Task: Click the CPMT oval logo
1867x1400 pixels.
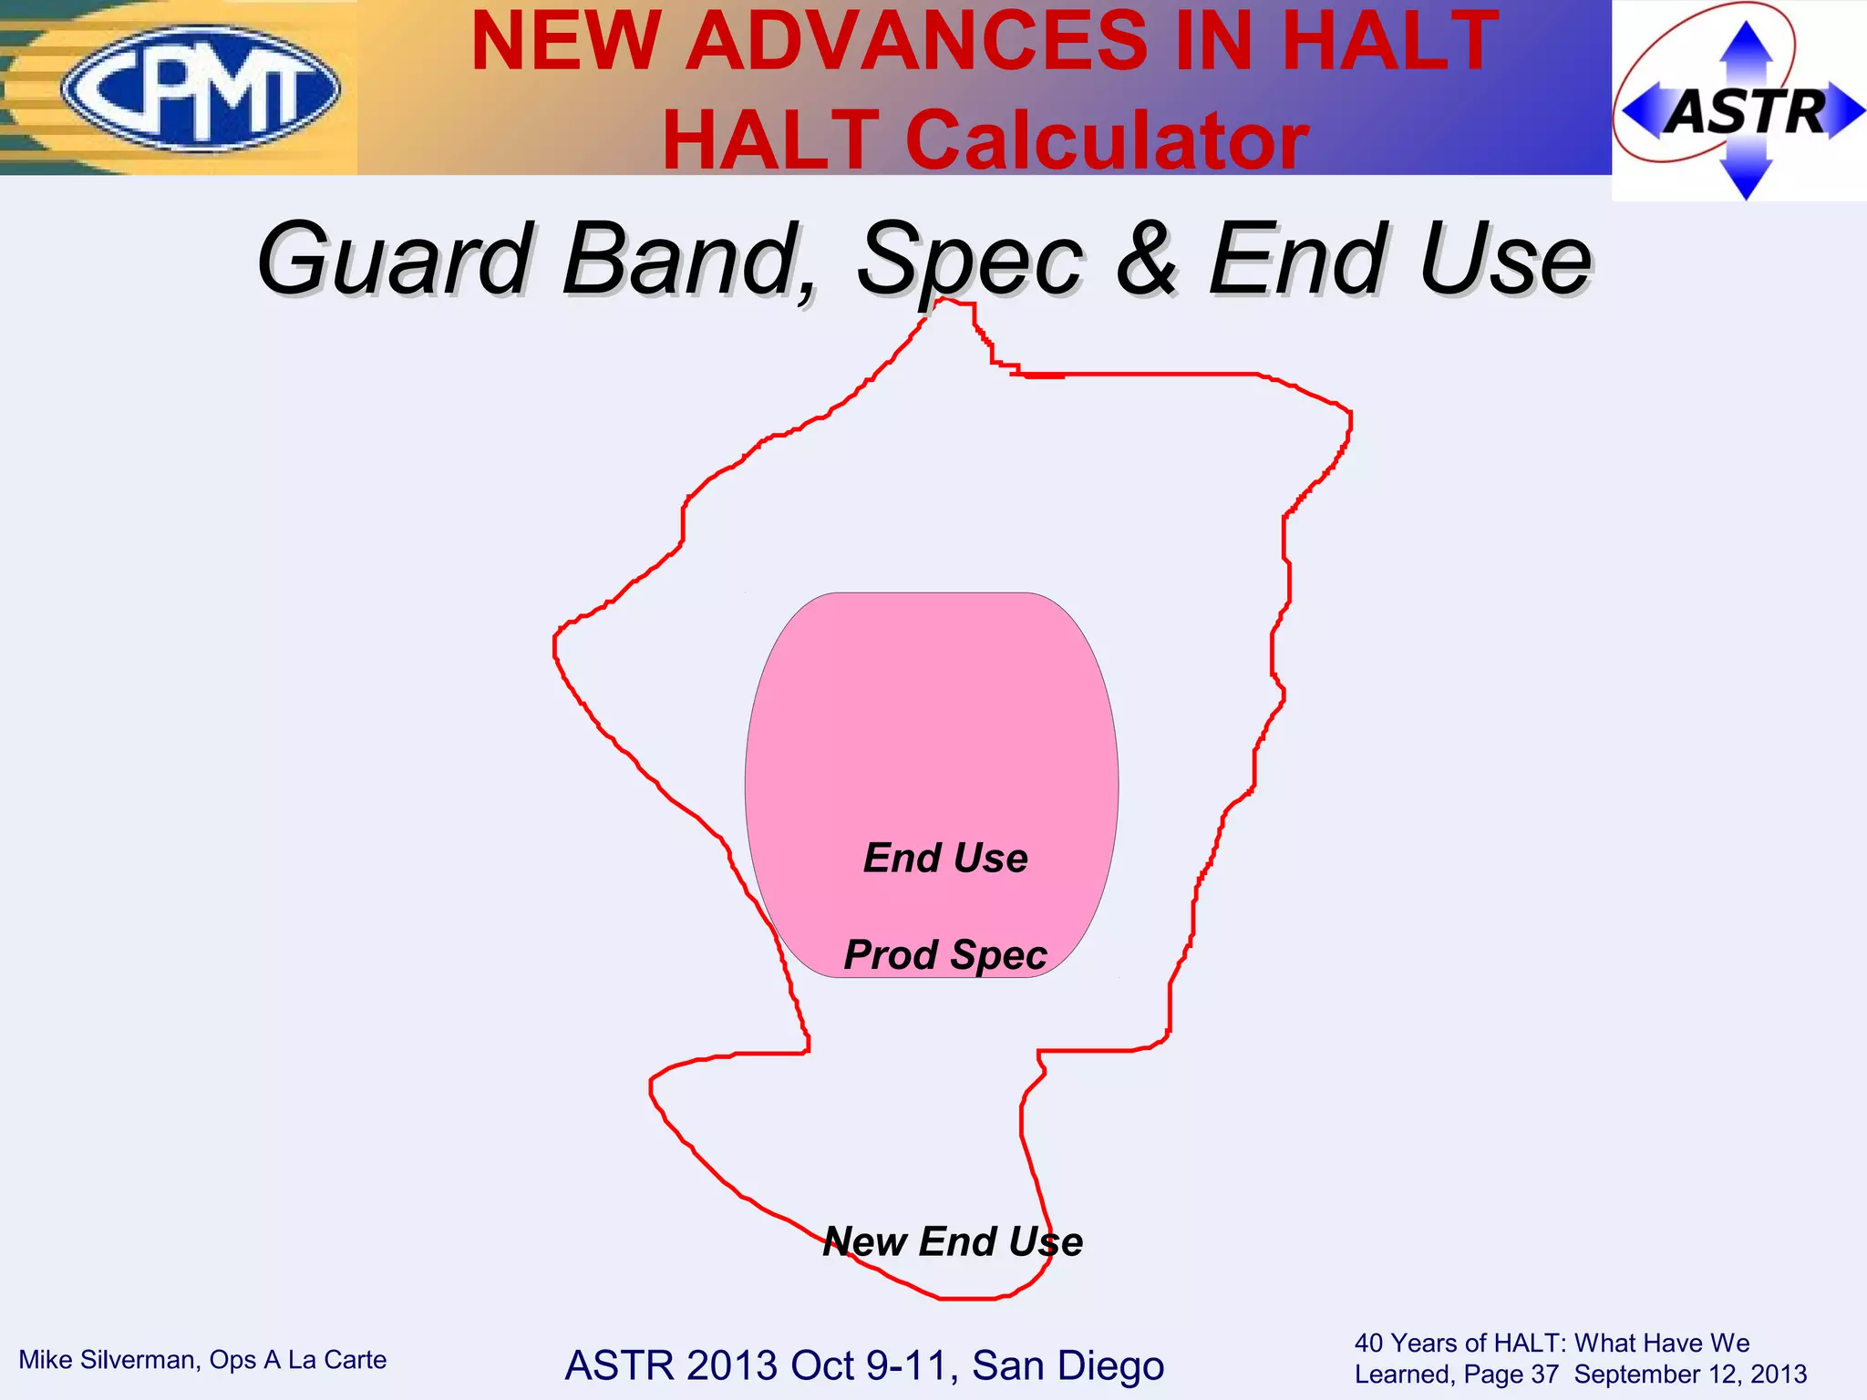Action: point(201,88)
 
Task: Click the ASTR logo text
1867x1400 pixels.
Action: point(1747,112)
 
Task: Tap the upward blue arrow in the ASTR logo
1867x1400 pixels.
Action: point(1745,46)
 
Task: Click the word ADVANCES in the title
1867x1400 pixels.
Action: point(917,41)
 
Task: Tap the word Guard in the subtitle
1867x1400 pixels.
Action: point(395,260)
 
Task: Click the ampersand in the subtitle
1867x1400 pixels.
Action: point(1147,260)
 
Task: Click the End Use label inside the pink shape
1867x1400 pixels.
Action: point(945,858)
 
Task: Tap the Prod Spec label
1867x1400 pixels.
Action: point(945,954)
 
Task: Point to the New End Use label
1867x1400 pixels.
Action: point(953,1241)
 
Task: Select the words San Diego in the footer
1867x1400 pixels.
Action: point(1068,1365)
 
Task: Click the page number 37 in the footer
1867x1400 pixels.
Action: point(1544,1374)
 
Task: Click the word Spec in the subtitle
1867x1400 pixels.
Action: point(970,260)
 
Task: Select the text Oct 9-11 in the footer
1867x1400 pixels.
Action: point(870,1365)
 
